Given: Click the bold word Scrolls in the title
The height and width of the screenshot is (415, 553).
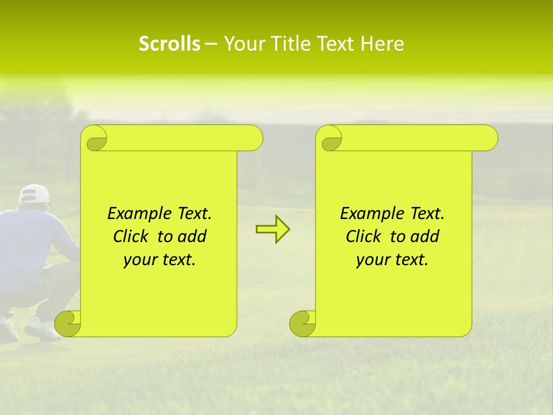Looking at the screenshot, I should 169,44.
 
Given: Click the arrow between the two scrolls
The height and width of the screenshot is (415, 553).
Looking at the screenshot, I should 272,229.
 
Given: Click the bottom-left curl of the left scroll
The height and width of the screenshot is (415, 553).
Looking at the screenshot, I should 67,324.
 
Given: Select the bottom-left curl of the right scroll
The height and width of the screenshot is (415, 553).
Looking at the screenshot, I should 302,324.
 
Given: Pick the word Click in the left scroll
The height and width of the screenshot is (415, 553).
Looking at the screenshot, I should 131,236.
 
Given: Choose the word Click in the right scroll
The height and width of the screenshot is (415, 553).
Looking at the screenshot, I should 363,236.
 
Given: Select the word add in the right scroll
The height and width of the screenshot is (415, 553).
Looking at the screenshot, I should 425,236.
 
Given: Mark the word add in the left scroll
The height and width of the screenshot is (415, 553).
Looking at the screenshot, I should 192,236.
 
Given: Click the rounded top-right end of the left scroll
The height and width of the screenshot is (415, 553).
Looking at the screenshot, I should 253,138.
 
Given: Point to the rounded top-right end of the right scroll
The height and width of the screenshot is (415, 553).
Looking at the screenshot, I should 488,138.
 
